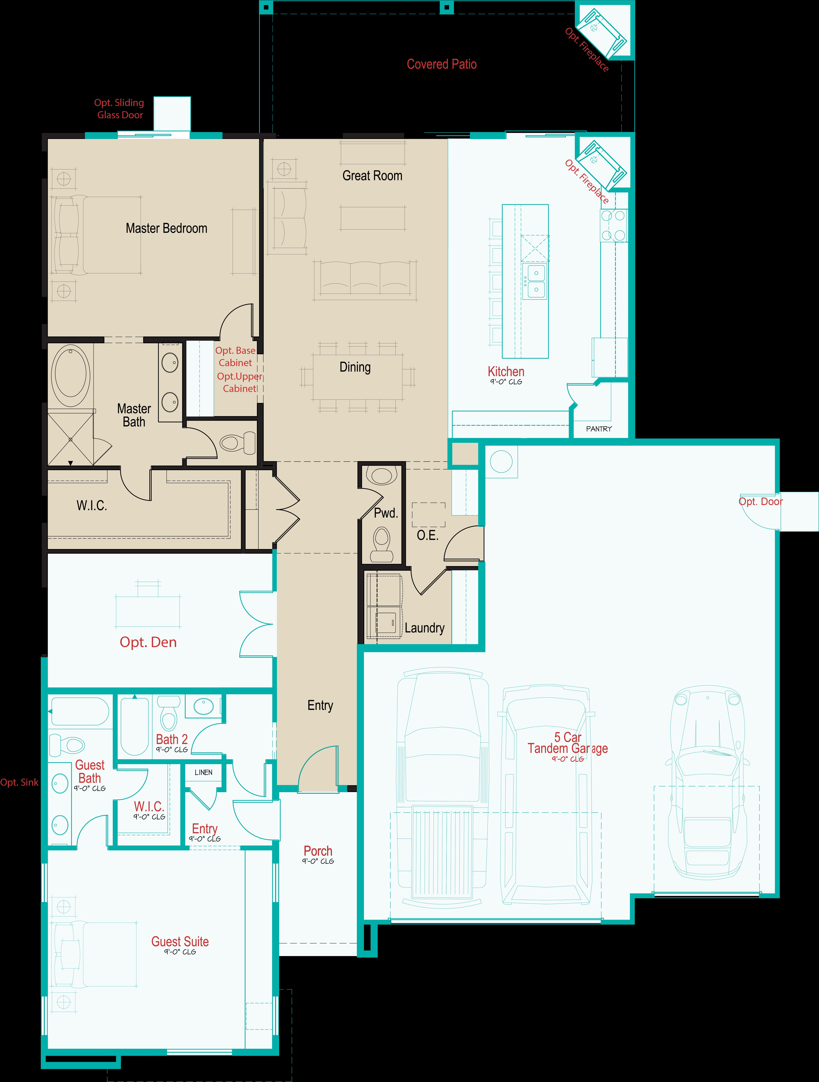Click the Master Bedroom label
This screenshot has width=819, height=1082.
pyautogui.click(x=166, y=228)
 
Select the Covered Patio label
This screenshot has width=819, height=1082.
pyautogui.click(x=441, y=64)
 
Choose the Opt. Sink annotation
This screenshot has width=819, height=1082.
pyautogui.click(x=19, y=782)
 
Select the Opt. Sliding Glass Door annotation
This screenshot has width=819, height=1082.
pyautogui.click(x=119, y=109)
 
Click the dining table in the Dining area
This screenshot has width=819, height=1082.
pyautogui.click(x=358, y=377)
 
